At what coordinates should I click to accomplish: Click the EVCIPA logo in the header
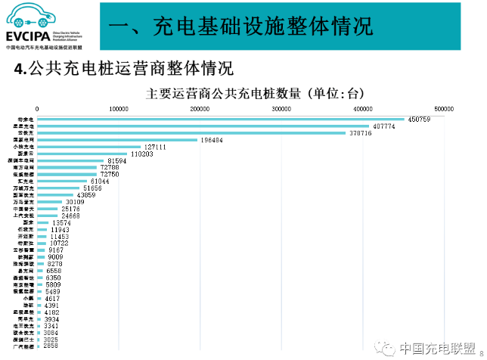pos(48,26)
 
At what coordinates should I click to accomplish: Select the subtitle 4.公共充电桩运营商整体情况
pos(126,69)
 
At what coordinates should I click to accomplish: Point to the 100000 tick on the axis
pos(119,109)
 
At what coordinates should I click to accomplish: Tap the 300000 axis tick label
pos(281,109)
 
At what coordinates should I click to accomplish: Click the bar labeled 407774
pos(203,126)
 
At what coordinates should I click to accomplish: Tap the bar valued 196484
pos(117,140)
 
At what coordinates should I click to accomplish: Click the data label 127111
pos(156,147)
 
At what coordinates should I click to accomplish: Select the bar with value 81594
pos(70,161)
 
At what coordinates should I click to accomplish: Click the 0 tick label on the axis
pos(38,109)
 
